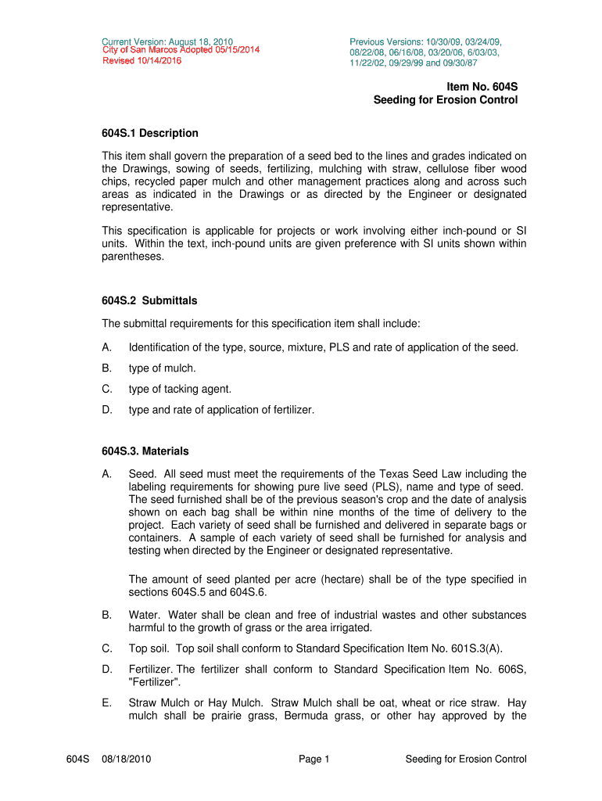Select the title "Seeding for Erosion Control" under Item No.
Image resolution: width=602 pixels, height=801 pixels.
pyautogui.click(x=445, y=100)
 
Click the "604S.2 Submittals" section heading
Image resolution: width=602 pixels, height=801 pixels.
pyautogui.click(x=149, y=300)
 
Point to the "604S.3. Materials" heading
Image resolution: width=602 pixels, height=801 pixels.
pyautogui.click(x=145, y=451)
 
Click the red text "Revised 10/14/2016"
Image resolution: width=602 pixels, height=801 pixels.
pyautogui.click(x=142, y=60)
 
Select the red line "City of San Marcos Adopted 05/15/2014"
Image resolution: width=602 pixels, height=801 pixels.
pyautogui.click(x=181, y=50)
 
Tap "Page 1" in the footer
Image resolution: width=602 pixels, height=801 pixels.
pyautogui.click(x=315, y=759)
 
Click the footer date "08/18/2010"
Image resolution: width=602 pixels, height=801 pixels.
pyautogui.click(x=127, y=759)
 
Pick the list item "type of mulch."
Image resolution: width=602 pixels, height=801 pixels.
pyautogui.click(x=163, y=368)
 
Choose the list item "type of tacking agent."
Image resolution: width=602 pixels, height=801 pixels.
pyautogui.click(x=180, y=389)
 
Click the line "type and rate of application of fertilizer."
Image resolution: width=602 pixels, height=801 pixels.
pyautogui.click(x=221, y=409)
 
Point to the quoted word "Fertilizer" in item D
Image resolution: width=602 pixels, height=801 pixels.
pyautogui.click(x=155, y=681)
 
